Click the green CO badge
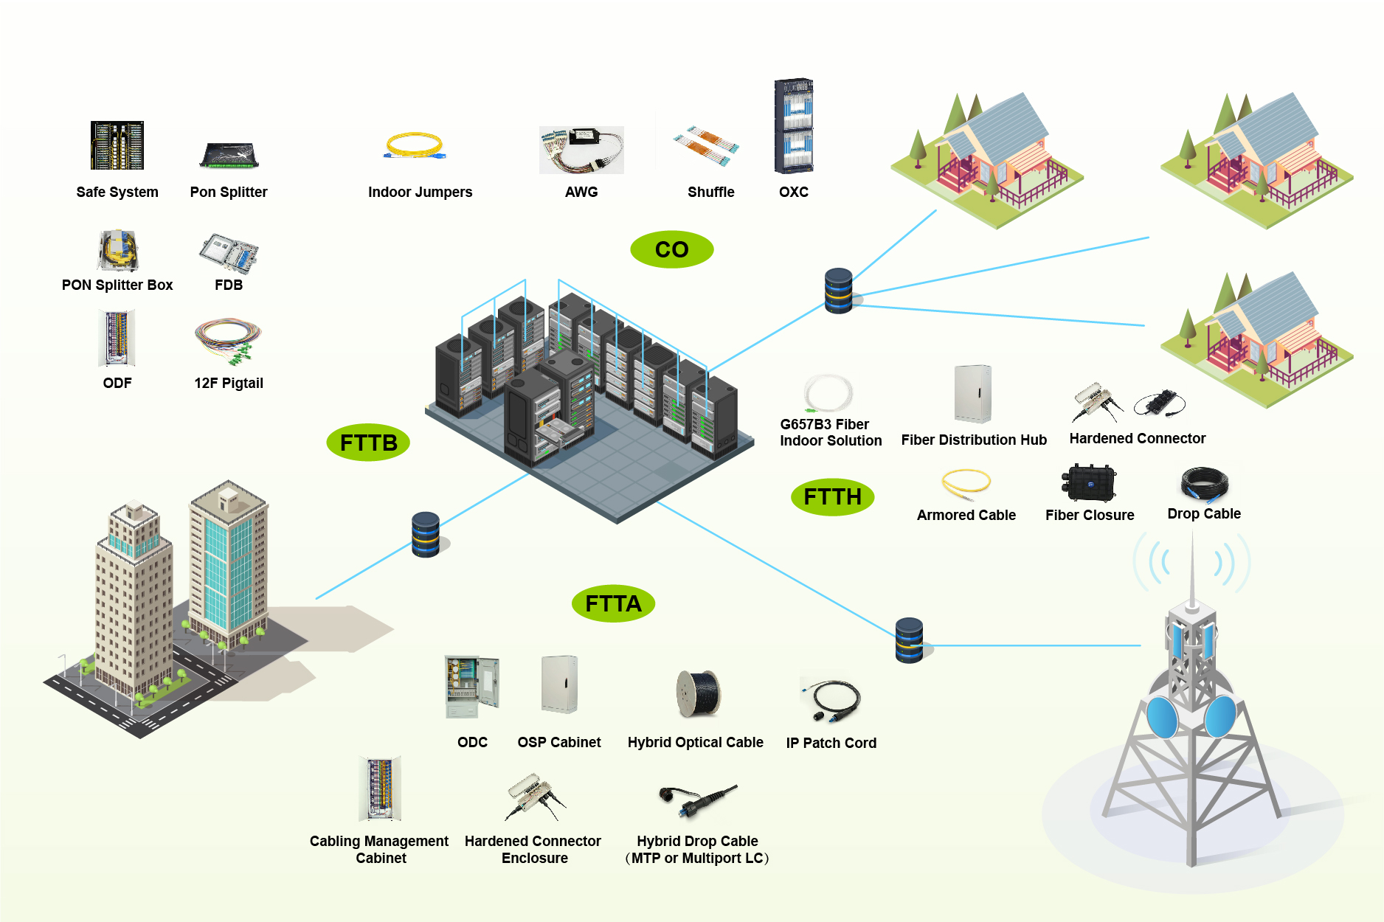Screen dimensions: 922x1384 [671, 249]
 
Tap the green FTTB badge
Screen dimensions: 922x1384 [368, 443]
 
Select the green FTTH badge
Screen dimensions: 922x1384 [832, 496]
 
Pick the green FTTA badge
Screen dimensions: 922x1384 [613, 603]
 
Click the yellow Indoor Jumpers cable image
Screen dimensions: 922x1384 [415, 145]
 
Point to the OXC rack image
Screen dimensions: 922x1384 [794, 125]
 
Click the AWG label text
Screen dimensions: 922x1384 [581, 192]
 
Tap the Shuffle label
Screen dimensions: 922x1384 [710, 192]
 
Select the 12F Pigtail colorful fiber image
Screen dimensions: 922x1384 [228, 341]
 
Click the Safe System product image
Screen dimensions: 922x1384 [117, 145]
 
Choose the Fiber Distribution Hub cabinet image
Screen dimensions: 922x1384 [972, 394]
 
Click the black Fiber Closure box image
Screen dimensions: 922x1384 [1089, 483]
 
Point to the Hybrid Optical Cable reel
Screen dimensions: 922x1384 [698, 693]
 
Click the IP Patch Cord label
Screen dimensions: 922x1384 [831, 743]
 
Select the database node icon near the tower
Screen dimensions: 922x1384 [909, 640]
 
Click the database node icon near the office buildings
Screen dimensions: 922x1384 [426, 535]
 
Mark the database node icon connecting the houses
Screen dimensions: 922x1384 [839, 291]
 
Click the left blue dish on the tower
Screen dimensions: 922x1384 [1162, 717]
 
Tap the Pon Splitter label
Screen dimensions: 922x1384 [229, 192]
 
